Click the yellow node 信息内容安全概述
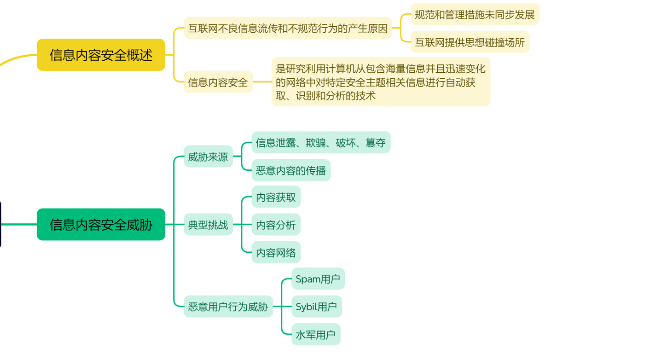(x=101, y=55)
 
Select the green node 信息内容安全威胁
(x=101, y=225)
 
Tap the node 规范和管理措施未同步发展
(x=475, y=15)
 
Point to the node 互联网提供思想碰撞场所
(x=470, y=42)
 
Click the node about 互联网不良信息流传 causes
(x=288, y=29)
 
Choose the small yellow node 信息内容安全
(x=218, y=82)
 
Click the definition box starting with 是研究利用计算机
(x=381, y=82)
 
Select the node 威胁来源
(x=208, y=157)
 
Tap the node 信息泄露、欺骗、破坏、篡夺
(x=321, y=143)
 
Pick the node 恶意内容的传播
(x=291, y=171)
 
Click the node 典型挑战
(x=208, y=225)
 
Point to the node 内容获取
(x=276, y=197)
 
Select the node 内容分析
(x=276, y=225)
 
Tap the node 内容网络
(x=276, y=253)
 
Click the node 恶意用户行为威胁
(x=228, y=307)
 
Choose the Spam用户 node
(x=318, y=279)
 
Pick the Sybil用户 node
(x=316, y=307)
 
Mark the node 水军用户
(x=315, y=335)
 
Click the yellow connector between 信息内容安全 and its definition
(x=262, y=82)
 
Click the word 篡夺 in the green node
(x=376, y=143)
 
